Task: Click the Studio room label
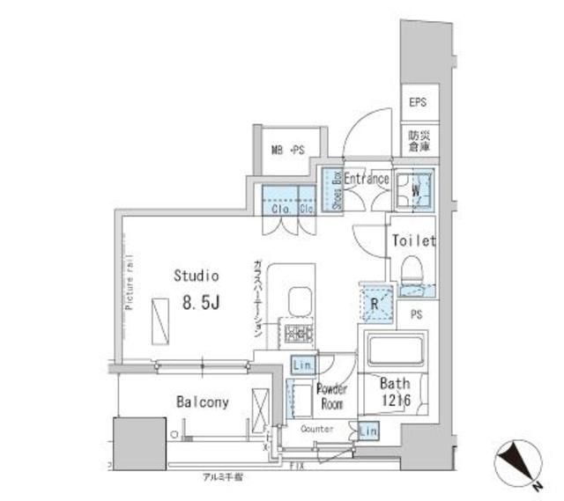[196, 276]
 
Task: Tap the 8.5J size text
[201, 303]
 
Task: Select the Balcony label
[202, 402]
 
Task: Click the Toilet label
[414, 239]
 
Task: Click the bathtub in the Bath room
[393, 351]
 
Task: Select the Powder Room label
[332, 395]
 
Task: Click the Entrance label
[367, 179]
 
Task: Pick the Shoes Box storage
[333, 190]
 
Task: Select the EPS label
[418, 103]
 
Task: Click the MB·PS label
[286, 149]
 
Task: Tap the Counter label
[316, 429]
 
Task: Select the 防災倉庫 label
[418, 144]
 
